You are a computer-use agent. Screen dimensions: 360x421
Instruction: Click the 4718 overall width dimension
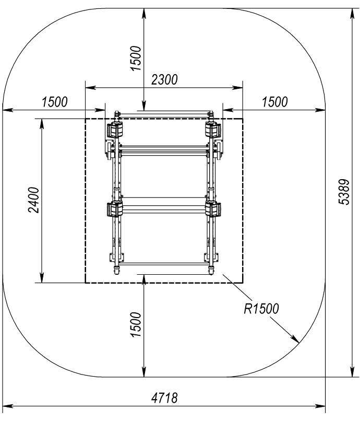coord(164,397)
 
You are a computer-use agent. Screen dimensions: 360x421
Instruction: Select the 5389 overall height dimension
coord(344,192)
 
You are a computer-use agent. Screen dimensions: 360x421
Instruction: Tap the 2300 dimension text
coord(164,80)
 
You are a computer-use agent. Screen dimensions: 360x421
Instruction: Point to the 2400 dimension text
coord(34,200)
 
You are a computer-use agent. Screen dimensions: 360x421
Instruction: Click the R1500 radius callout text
coord(261,309)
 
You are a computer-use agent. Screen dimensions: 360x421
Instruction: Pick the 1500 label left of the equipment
coord(54,102)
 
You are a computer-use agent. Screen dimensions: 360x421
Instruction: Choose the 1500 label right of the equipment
coord(274,102)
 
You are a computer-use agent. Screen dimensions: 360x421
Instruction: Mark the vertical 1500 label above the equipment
coord(136,59)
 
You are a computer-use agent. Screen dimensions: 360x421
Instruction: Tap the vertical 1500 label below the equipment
coord(136,324)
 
